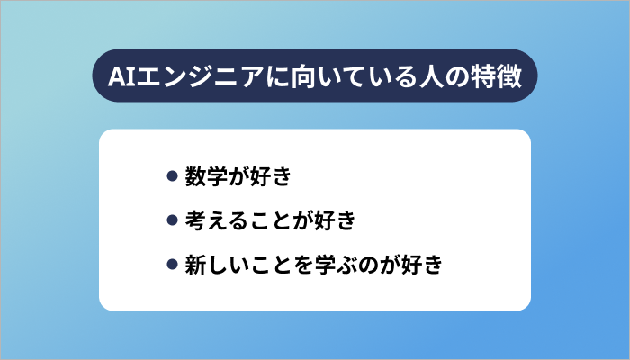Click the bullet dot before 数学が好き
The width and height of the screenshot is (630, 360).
coord(172,175)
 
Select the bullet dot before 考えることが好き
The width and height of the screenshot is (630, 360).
coord(172,220)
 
